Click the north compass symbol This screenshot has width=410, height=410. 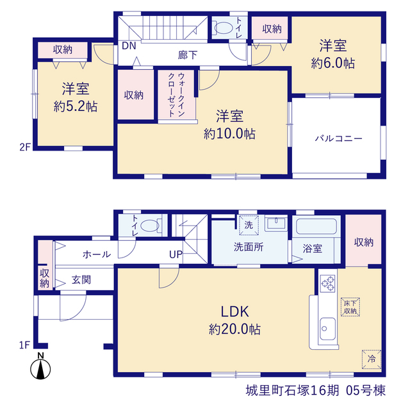(x=40, y=366)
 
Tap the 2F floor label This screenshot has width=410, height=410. (x=25, y=147)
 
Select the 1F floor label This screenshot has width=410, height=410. (x=24, y=345)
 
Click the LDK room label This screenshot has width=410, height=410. (x=235, y=312)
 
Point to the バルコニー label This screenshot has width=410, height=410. (x=339, y=138)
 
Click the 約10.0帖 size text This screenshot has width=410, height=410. (x=229, y=134)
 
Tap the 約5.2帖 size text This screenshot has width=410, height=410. (x=76, y=107)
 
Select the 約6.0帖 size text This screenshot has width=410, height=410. (x=333, y=63)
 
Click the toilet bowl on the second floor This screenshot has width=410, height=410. (x=223, y=28)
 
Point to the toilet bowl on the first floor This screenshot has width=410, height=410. (x=150, y=225)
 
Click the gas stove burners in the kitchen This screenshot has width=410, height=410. (x=328, y=283)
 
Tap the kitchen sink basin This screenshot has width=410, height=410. (x=327, y=329)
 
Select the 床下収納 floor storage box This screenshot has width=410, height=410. (x=350, y=307)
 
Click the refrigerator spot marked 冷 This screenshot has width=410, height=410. (x=372, y=359)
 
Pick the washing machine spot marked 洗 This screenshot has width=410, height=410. (x=249, y=225)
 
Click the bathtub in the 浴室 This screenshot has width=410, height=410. (x=316, y=226)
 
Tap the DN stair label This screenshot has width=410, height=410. (x=129, y=46)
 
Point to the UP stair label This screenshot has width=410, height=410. (x=176, y=254)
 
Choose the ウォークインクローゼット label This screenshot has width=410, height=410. (x=177, y=95)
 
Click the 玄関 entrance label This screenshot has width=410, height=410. (x=81, y=280)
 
